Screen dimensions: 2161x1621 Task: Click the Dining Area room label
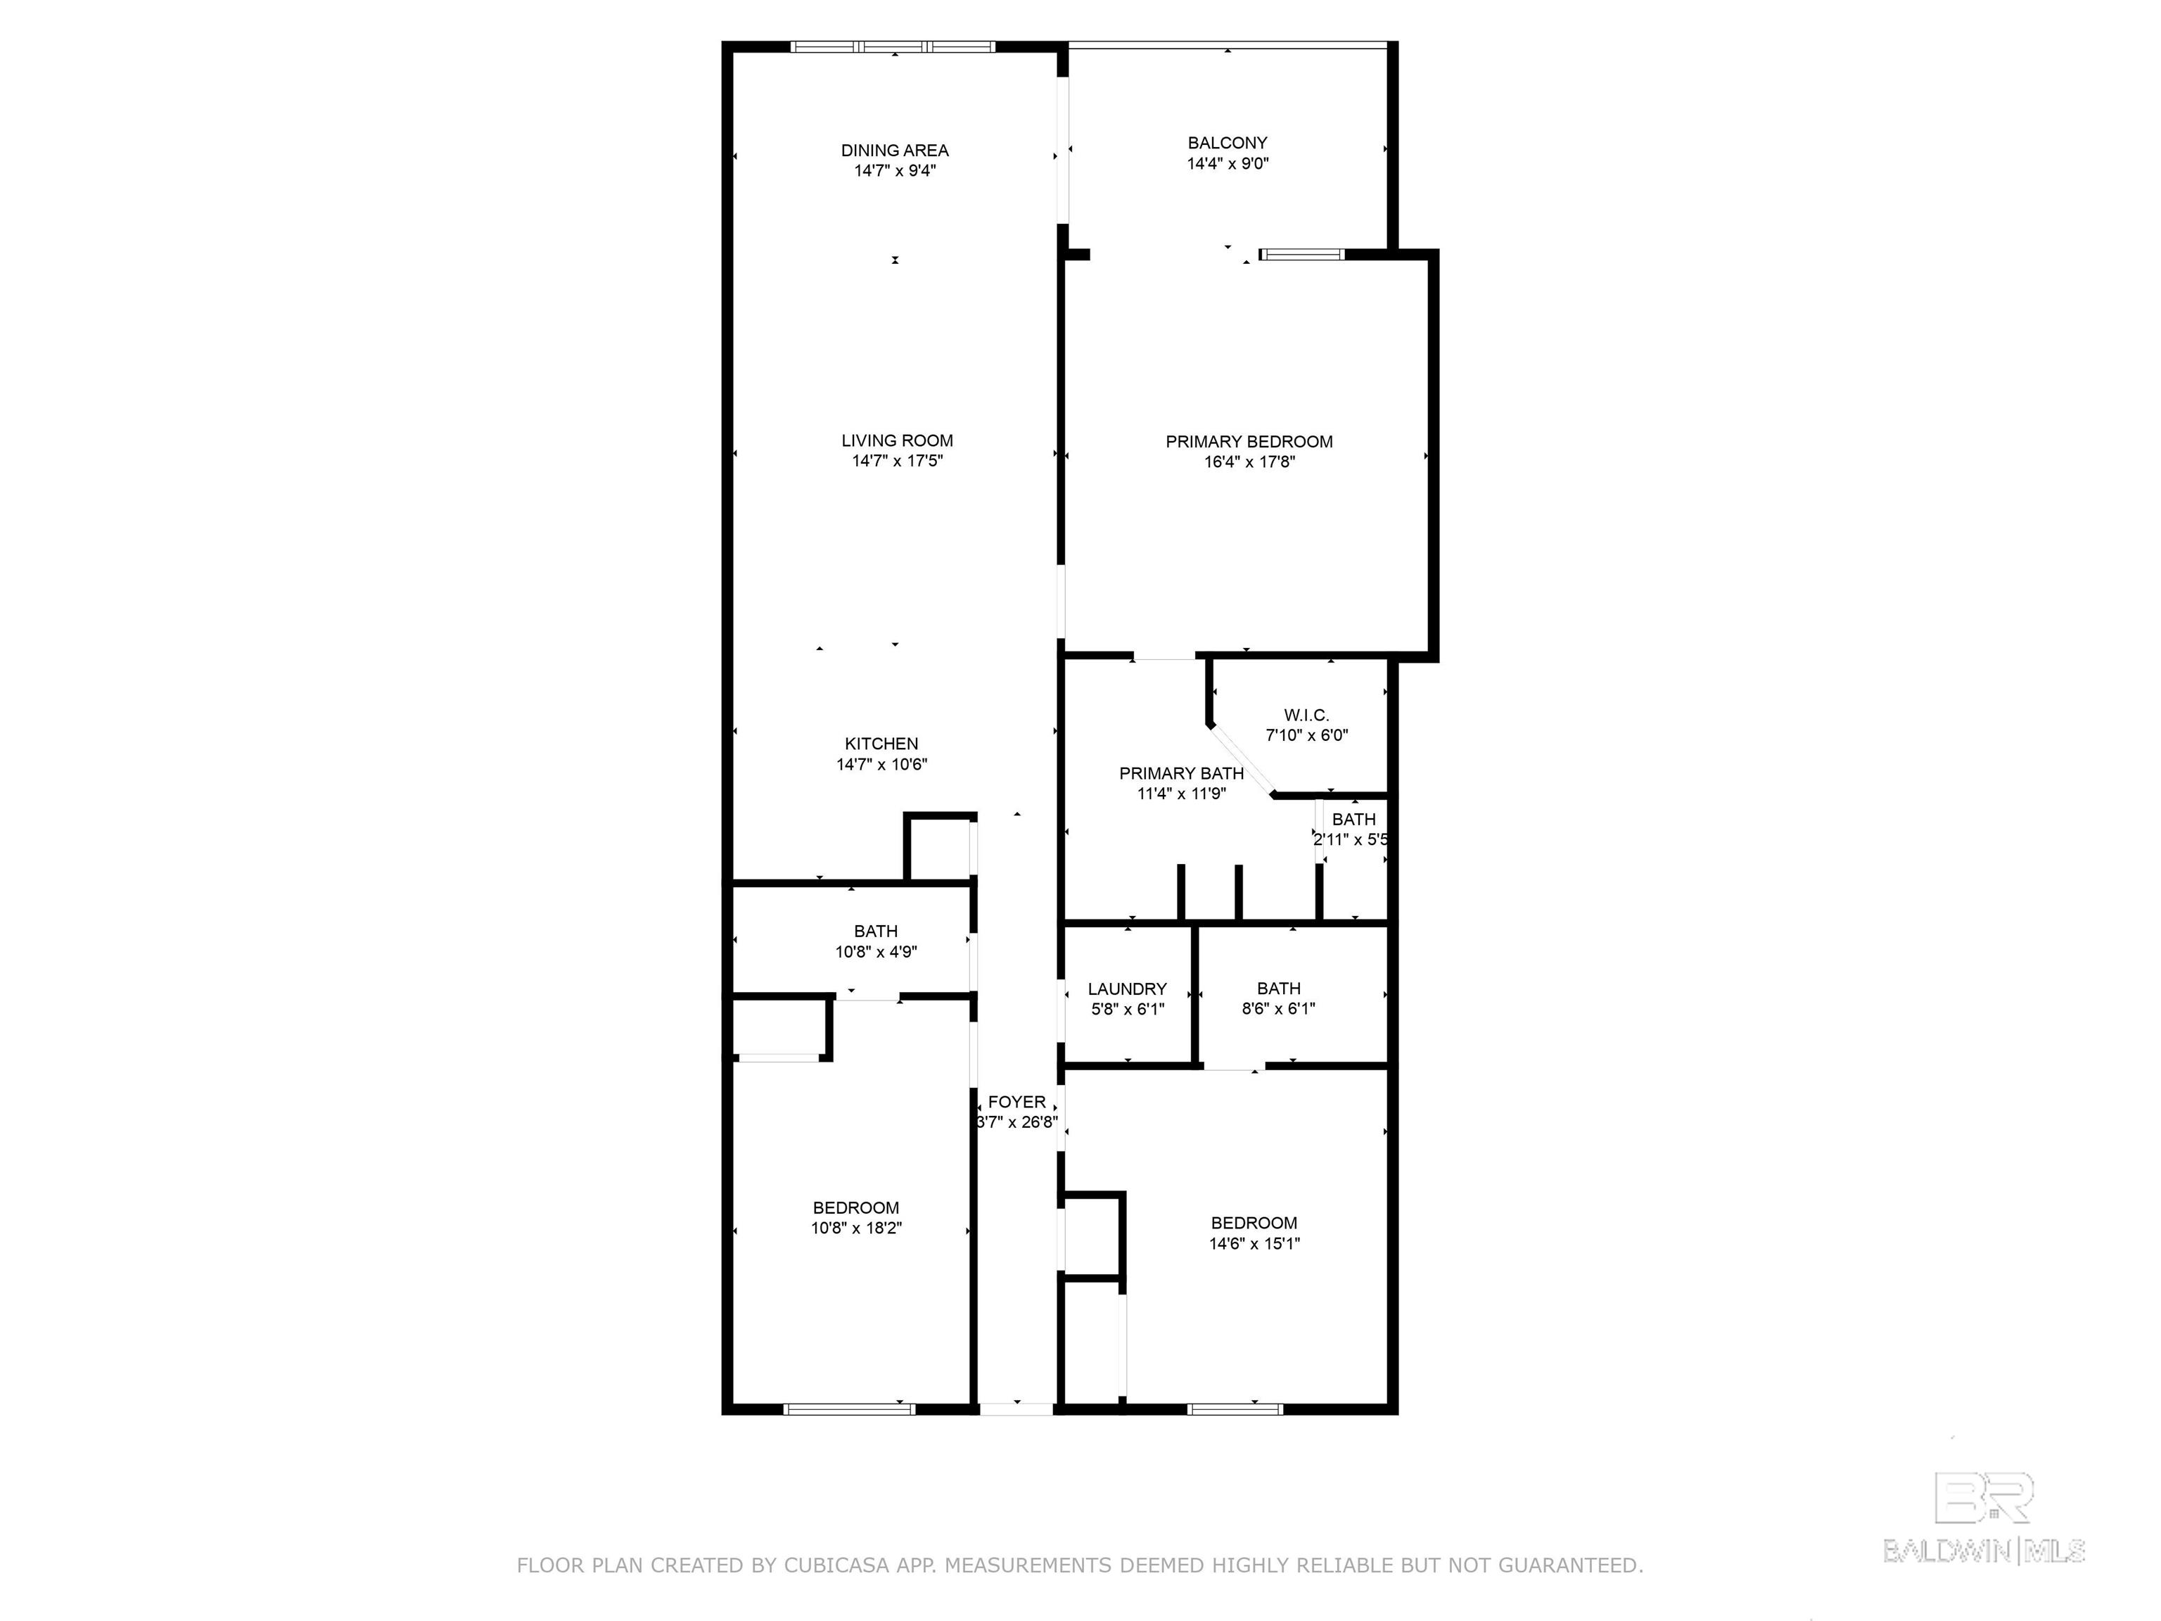(895, 151)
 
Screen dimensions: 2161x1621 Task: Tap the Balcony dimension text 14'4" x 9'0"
(1228, 164)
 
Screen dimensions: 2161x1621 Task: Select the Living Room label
(897, 440)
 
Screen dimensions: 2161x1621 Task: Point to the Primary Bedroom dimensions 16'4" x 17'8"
(1249, 462)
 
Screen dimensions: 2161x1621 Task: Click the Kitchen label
(881, 744)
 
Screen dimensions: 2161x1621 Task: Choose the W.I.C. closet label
(1306, 716)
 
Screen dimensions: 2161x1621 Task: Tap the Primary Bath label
(1181, 774)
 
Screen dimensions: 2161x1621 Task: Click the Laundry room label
(1128, 989)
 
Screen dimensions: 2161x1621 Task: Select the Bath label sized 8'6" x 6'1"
(1279, 989)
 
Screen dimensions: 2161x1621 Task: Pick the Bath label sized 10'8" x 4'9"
(875, 932)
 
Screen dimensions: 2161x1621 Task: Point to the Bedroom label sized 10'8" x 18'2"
(856, 1208)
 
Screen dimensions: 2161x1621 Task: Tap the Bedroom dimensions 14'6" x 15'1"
(1254, 1244)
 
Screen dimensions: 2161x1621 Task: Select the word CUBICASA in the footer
(836, 1565)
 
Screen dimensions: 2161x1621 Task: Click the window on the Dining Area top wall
(893, 46)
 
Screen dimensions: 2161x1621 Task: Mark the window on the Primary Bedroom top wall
(1302, 255)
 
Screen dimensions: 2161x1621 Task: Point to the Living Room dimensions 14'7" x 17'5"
(897, 462)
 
